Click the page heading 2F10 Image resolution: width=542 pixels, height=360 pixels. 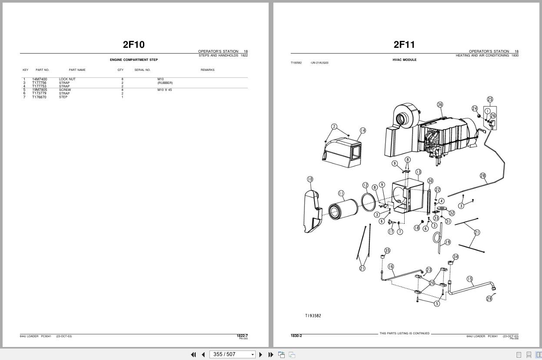[133, 44]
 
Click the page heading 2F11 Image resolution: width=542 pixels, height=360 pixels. [404, 44]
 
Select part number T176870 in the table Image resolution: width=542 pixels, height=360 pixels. [39, 97]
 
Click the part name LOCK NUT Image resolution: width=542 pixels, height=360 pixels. [67, 79]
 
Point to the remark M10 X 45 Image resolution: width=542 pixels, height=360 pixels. [164, 90]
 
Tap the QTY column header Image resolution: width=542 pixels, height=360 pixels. [120, 70]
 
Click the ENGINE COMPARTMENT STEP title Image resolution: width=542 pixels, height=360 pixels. [133, 60]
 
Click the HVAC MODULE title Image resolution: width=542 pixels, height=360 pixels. [404, 60]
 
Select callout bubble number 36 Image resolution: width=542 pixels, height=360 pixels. [440, 104]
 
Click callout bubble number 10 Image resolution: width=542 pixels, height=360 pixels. [310, 179]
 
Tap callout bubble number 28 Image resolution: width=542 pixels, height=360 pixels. [483, 176]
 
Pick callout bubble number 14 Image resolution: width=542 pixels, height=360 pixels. [362, 130]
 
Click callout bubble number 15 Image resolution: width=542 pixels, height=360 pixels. [469, 279]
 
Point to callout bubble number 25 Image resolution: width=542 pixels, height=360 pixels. [490, 100]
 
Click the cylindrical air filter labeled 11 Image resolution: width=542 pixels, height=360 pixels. [343, 210]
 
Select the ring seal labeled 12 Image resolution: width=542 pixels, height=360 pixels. [368, 203]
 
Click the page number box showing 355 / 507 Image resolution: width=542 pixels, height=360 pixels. [229, 354]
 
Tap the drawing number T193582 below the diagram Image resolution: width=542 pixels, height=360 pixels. [313, 316]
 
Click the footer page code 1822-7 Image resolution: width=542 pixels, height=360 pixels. [242, 336]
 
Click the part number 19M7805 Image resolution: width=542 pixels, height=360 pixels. [40, 90]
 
